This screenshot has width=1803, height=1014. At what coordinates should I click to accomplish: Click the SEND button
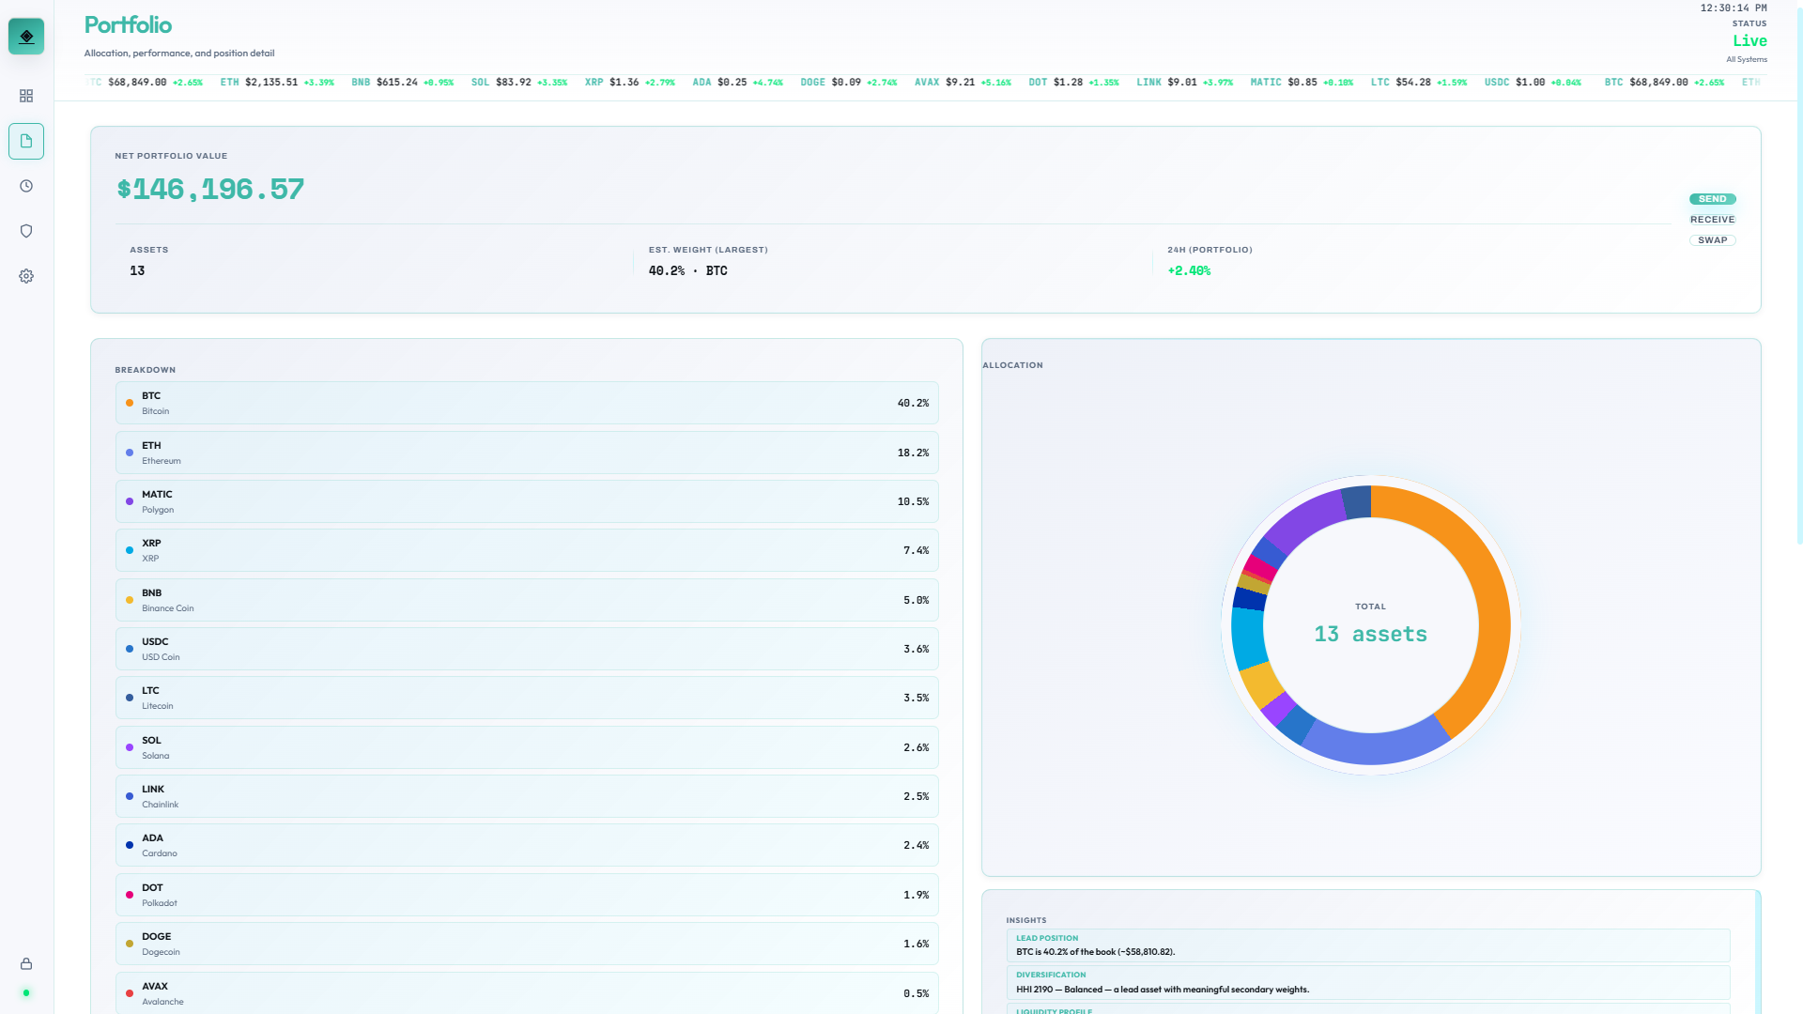pos(1712,199)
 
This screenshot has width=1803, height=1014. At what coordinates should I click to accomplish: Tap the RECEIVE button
pos(1712,220)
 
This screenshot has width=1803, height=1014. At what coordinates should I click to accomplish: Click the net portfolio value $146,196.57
pos(210,190)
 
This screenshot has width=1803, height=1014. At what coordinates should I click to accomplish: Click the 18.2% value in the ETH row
pos(912,453)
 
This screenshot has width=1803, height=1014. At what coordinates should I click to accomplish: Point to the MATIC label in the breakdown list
pos(157,495)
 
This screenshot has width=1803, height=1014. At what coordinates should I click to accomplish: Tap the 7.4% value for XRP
pos(916,551)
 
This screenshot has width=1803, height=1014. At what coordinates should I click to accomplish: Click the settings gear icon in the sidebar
pos(26,276)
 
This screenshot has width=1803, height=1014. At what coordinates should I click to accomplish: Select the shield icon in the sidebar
pos(26,231)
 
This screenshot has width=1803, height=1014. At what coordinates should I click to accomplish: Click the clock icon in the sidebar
pos(26,186)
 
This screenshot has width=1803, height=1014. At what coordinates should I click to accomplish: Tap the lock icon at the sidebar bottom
pos(26,964)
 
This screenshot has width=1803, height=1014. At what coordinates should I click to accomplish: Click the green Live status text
pos(1749,41)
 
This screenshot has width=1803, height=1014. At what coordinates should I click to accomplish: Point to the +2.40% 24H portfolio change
pos(1189,271)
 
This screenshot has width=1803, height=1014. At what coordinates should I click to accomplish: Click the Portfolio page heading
pos(128,25)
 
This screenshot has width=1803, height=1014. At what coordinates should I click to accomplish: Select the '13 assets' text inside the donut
pos(1370,635)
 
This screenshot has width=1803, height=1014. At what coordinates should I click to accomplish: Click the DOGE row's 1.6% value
pos(916,945)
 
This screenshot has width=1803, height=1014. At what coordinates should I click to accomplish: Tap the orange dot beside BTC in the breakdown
pos(130,404)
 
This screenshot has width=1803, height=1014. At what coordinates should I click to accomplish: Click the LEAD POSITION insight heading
pos(1046,938)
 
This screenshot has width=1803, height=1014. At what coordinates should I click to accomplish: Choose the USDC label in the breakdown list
pos(155,642)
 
